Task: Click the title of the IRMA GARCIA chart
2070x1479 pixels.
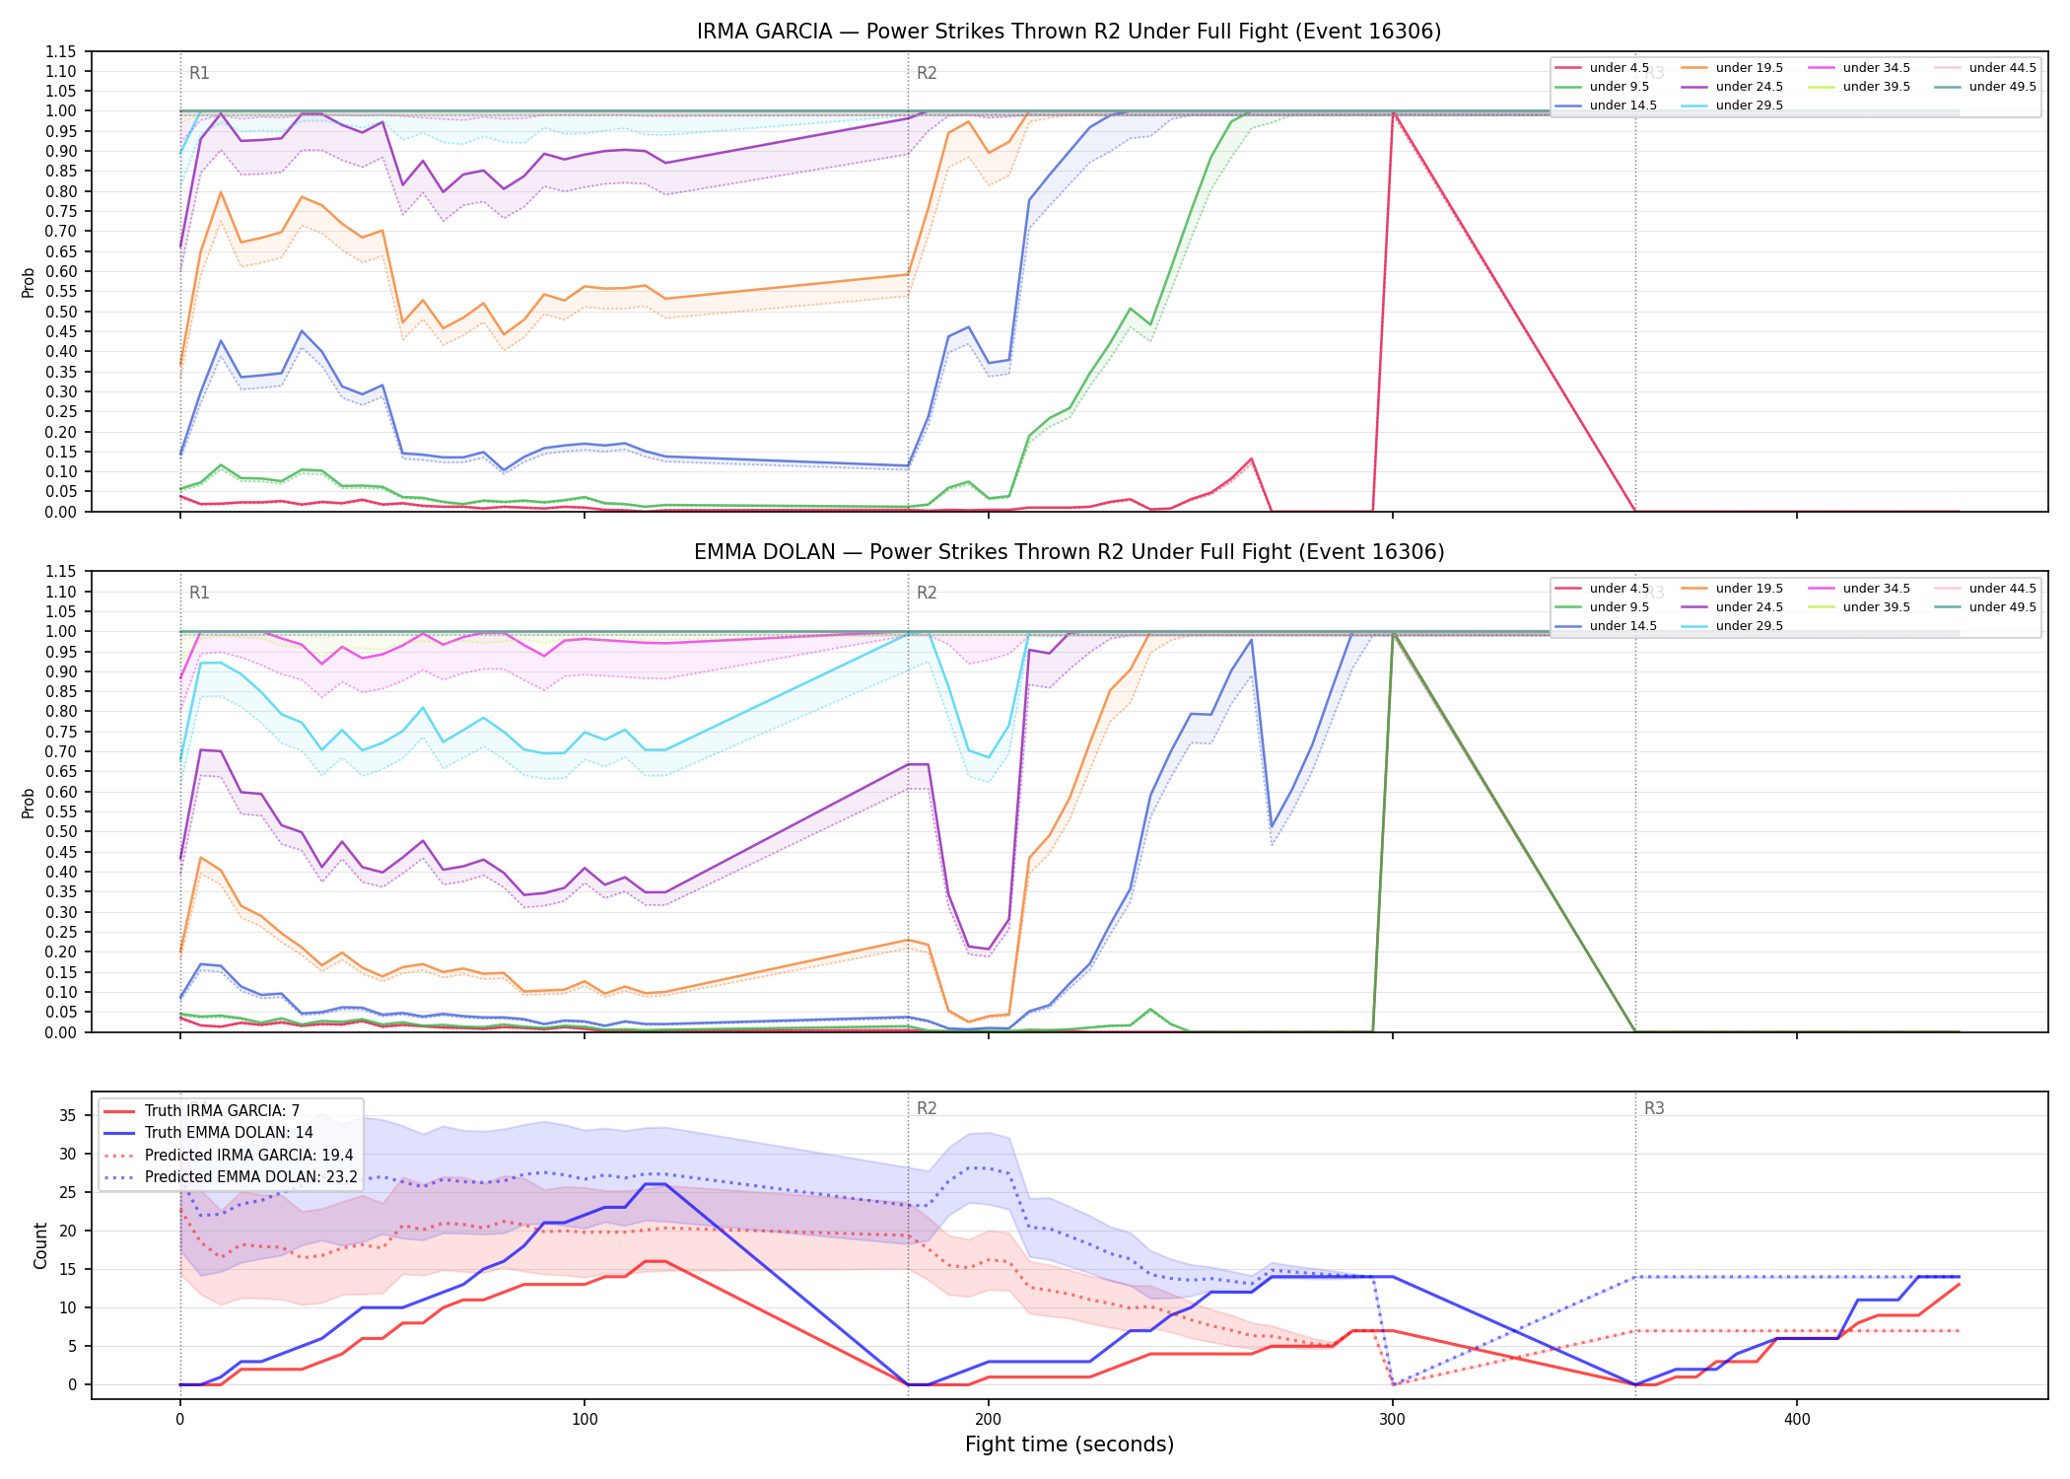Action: tap(1069, 32)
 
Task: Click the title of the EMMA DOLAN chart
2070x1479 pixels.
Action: tap(1069, 552)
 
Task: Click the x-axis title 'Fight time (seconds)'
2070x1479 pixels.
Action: tap(1069, 1444)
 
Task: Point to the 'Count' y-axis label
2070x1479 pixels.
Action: tap(40, 1245)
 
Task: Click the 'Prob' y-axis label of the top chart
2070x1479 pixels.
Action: tap(29, 282)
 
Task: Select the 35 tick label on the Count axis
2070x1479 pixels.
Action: tap(67, 1115)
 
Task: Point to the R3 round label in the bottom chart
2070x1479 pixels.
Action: tap(1654, 1108)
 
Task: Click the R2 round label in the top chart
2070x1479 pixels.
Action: tap(927, 73)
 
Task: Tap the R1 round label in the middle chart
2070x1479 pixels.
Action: tap(199, 593)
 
